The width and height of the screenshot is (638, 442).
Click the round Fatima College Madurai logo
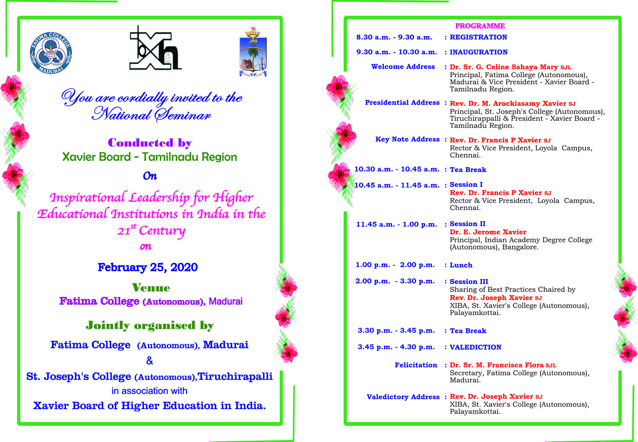[51, 53]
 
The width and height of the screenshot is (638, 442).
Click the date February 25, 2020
[148, 267]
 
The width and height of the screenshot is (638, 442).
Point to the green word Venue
[151, 287]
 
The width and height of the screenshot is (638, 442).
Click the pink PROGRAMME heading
[480, 26]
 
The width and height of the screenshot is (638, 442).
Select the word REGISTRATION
[478, 37]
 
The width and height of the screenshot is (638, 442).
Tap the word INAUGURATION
[478, 52]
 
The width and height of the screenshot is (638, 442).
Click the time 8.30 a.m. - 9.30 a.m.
[394, 37]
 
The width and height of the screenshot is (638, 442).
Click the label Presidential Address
[402, 103]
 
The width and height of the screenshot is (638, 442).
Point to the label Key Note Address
[407, 139]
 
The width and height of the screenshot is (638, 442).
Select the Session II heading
[468, 224]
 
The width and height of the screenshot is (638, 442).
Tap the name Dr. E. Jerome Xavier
[488, 232]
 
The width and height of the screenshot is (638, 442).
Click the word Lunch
[461, 265]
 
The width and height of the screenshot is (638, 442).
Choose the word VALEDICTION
[475, 347]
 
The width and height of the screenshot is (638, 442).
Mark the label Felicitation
[416, 365]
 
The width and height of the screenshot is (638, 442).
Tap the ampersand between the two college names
[150, 361]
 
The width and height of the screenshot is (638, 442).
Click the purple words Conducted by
[150, 143]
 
